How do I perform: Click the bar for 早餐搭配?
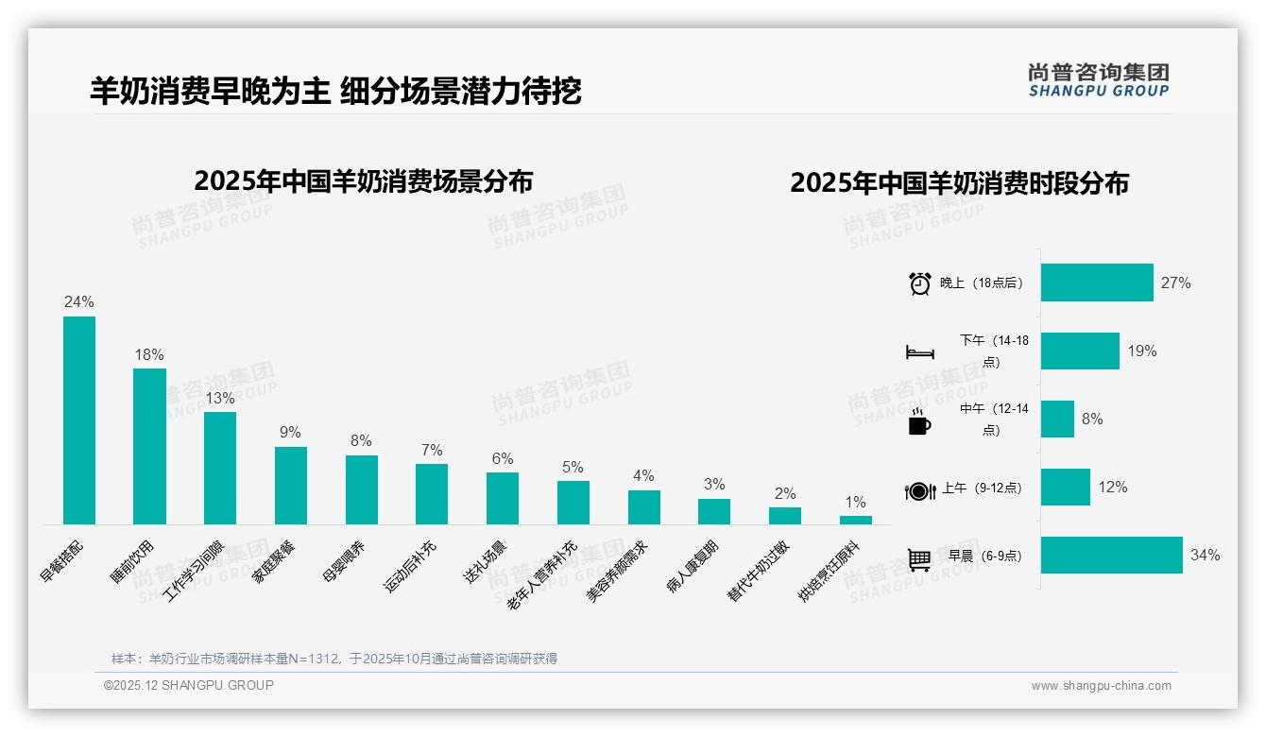(79, 420)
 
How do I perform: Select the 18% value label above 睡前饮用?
(149, 355)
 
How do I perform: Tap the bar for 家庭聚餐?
(291, 486)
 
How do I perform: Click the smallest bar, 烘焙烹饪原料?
(856, 520)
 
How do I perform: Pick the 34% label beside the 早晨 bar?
(1205, 556)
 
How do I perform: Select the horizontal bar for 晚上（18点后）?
(1097, 283)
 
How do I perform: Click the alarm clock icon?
(919, 283)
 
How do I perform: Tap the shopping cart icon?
(919, 559)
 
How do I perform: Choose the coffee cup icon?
(919, 422)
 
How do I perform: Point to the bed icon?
(919, 352)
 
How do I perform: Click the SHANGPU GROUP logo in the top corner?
(1098, 79)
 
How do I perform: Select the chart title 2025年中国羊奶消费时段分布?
(959, 183)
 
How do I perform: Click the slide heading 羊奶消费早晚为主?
(210, 91)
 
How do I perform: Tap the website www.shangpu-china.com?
(1101, 686)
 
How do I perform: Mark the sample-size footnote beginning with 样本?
(334, 659)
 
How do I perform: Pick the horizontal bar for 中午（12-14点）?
(1057, 420)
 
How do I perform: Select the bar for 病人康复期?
(714, 511)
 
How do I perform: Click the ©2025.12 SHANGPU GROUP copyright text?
(189, 685)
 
